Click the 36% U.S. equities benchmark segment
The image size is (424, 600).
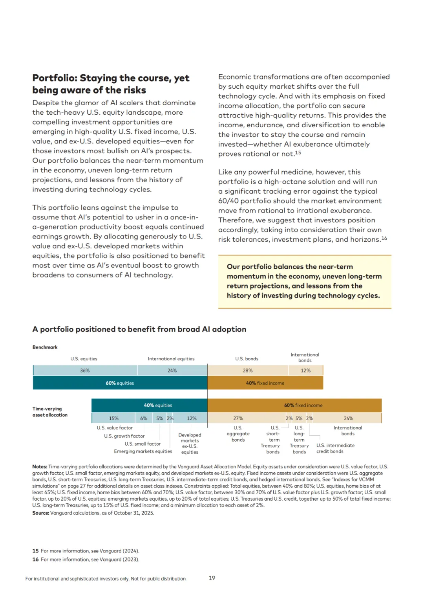pyautogui.click(x=85, y=371)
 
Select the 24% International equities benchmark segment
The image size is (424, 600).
pyautogui.click(x=172, y=371)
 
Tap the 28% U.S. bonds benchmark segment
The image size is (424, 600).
pyautogui.click(x=248, y=371)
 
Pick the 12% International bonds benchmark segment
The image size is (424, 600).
pyautogui.click(x=305, y=371)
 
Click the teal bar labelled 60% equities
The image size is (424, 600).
pyautogui.click(x=120, y=383)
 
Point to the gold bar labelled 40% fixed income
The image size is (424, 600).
pyautogui.click(x=265, y=383)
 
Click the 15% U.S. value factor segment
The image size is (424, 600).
pyautogui.click(x=113, y=418)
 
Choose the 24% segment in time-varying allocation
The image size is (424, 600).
pyautogui.click(x=348, y=418)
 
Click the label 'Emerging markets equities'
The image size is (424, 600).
pyautogui.click(x=143, y=451)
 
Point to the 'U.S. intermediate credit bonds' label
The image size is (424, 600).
pyautogui.click(x=335, y=448)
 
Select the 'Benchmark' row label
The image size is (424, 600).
pyautogui.click(x=45, y=347)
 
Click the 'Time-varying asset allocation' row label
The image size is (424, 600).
pyautogui.click(x=50, y=412)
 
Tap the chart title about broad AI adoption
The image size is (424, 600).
pyautogui.click(x=139, y=329)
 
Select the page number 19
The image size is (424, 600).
pyautogui.click(x=212, y=578)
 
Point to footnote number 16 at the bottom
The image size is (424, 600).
pyautogui.click(x=35, y=560)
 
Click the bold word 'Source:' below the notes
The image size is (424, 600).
pyautogui.click(x=41, y=513)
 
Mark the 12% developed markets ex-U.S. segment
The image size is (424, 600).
pyautogui.click(x=192, y=418)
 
